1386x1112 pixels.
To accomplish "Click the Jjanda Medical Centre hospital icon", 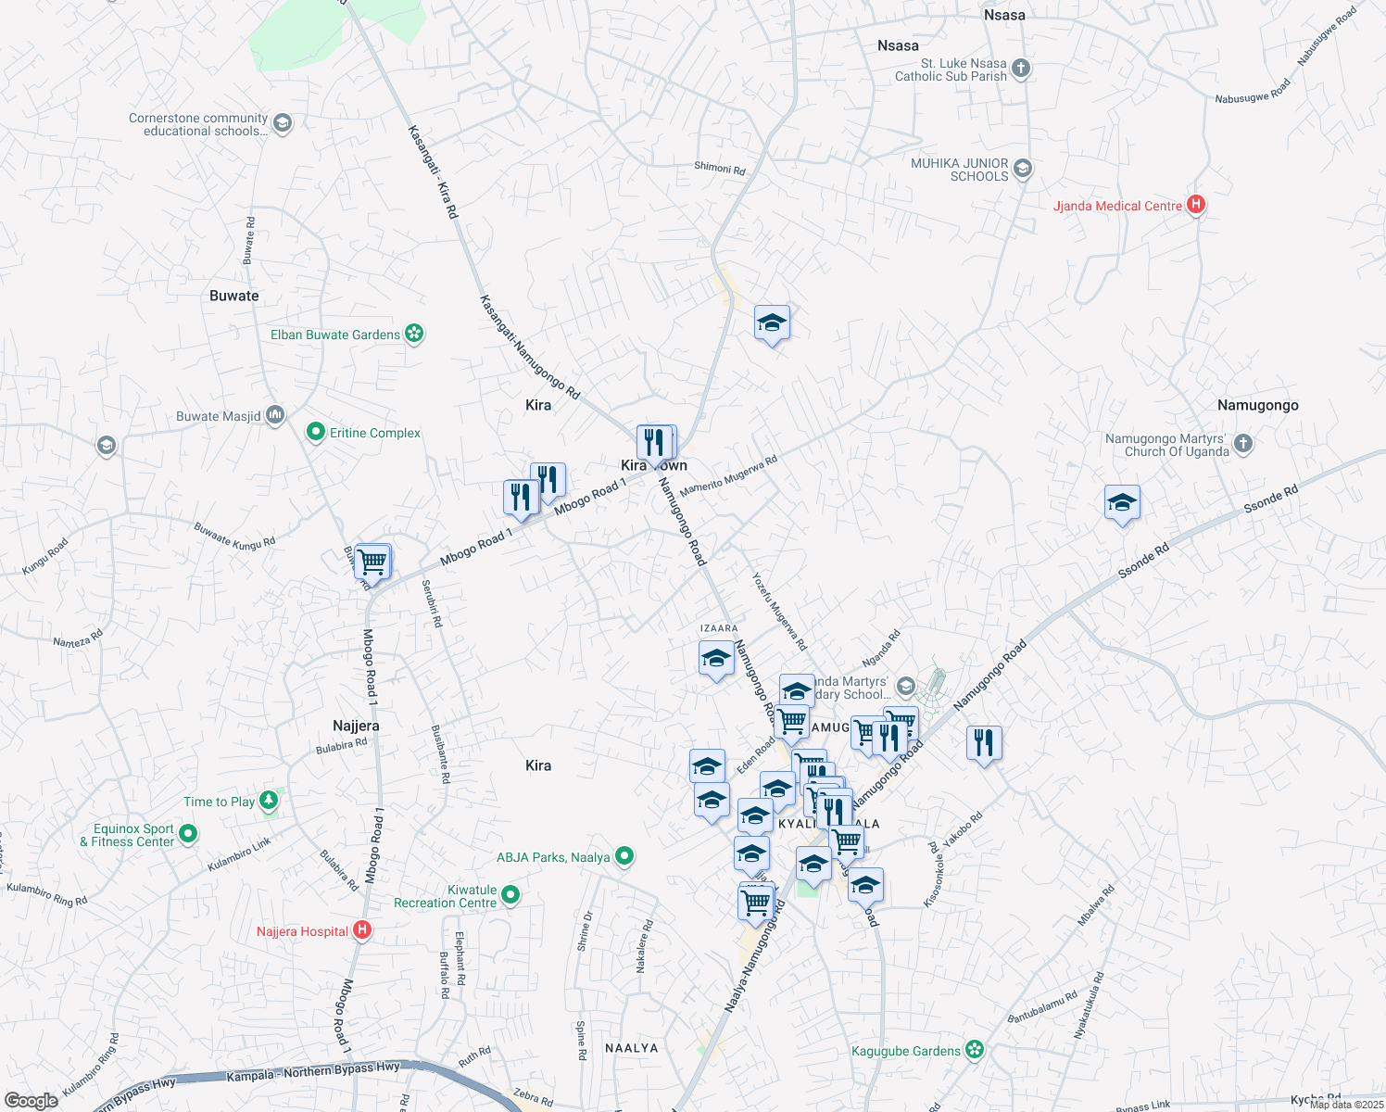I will pos(1196,205).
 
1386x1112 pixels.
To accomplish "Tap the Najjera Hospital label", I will pos(302,931).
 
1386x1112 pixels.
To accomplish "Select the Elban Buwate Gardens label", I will pos(335,335).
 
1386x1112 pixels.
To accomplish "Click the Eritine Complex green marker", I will pos(315,432).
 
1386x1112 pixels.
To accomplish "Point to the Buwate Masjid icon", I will pos(275,415).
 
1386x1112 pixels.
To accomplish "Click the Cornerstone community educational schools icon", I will pos(283,123).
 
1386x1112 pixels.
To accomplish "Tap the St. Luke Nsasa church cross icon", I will pos(1020,69).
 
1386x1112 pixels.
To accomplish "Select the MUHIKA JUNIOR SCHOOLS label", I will pos(959,170).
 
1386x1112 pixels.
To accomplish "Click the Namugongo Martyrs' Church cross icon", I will pos(1242,444).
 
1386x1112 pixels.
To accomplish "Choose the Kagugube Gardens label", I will pos(906,1051).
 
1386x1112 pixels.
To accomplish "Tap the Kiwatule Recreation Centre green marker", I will pos(510,895).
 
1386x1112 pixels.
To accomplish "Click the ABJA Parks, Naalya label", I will pos(553,857).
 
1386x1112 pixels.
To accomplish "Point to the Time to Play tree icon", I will pos(269,800).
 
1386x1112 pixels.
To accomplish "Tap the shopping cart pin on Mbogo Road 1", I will pos(372,561).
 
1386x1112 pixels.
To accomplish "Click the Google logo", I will pos(31,1101).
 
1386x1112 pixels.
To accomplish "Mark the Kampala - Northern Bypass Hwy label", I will pos(313,1072).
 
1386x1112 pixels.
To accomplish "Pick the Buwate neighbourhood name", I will pos(234,296).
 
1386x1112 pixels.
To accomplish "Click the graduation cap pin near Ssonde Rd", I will pos(1122,503).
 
